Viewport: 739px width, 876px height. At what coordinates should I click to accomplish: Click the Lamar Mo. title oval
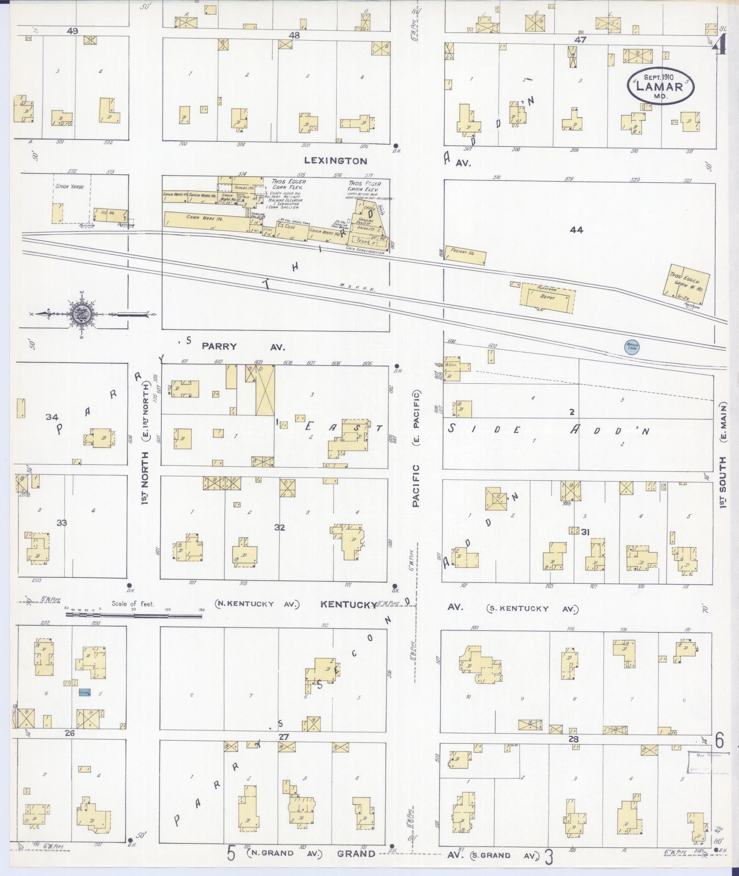point(660,87)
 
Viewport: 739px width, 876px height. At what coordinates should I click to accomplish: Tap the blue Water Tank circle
point(632,347)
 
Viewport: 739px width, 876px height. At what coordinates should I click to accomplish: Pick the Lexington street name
point(336,161)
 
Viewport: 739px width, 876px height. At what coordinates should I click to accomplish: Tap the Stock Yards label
point(70,186)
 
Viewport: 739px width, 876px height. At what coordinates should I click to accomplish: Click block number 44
point(576,230)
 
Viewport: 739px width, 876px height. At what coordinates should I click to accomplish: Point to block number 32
point(279,527)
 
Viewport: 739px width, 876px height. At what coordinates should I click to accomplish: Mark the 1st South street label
point(723,482)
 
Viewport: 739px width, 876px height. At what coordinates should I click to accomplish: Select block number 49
point(72,31)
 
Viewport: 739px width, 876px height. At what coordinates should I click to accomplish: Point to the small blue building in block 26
point(85,692)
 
